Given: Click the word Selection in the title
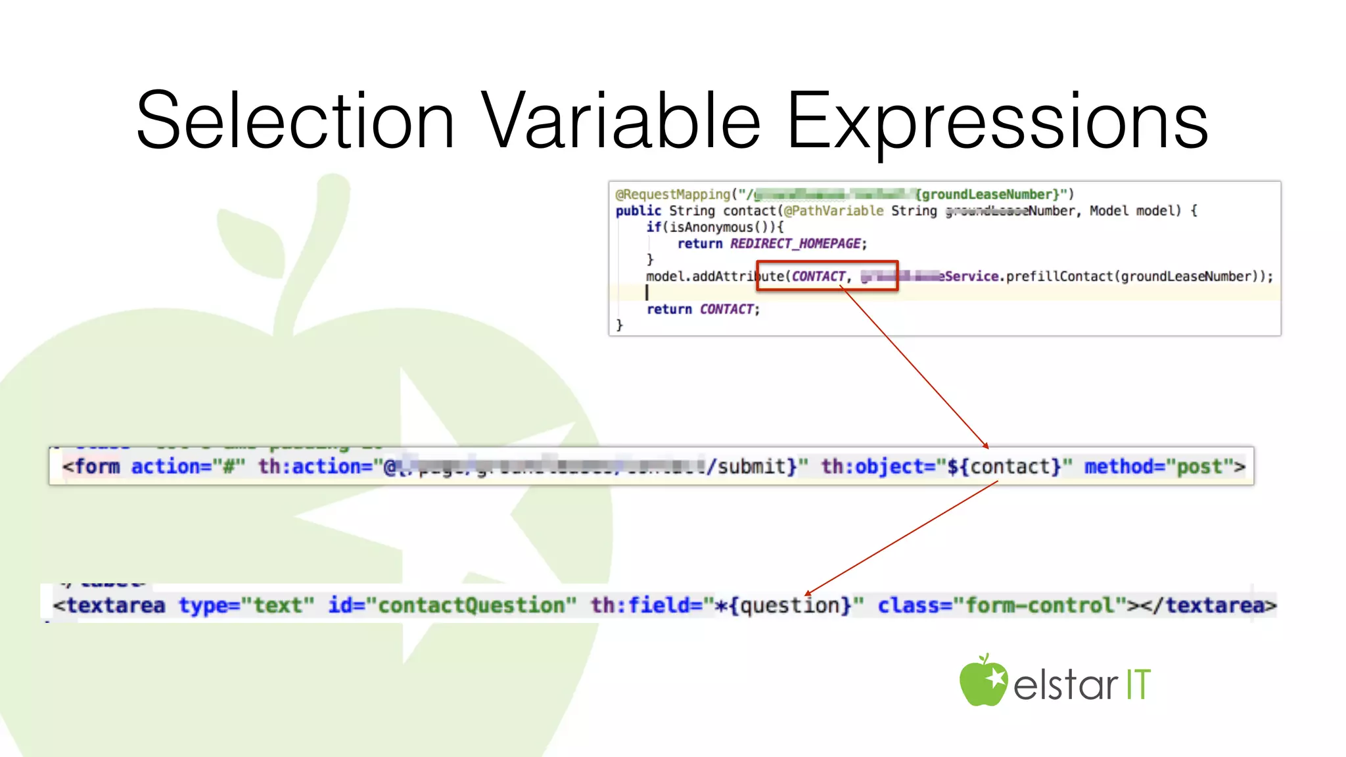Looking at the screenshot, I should point(295,121).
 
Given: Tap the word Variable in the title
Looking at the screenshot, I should point(620,121).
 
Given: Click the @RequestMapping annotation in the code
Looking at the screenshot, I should point(672,195).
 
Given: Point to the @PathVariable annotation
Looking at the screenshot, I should point(833,211).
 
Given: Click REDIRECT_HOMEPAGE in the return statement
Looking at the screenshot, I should point(795,244).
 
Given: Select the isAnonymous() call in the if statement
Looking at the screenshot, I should point(719,227).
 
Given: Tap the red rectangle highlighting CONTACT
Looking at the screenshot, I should point(827,276).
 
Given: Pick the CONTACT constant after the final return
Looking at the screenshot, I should point(726,310).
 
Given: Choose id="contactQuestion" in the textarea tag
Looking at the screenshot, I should point(452,605).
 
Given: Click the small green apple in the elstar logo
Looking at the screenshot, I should point(983,681).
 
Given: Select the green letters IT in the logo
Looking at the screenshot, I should point(1138,685).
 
